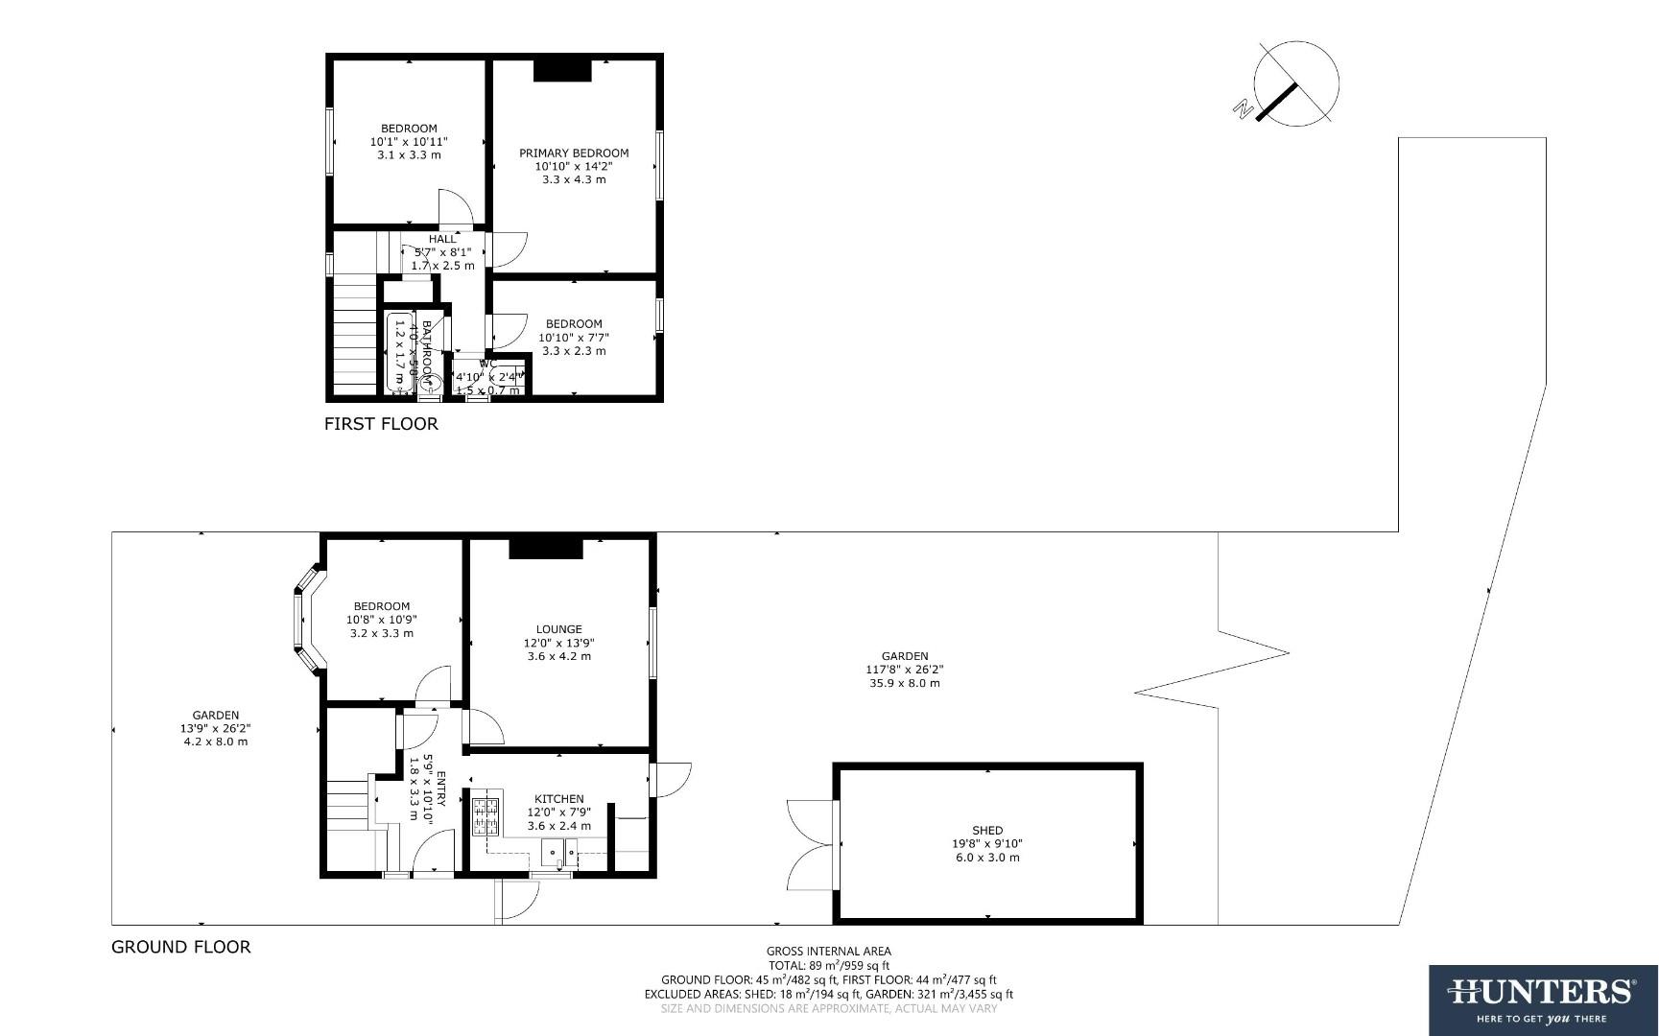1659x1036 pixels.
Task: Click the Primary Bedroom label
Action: [574, 153]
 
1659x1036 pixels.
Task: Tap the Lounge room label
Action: [558, 630]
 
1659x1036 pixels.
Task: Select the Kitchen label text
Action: [558, 799]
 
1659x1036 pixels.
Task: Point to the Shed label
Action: [987, 831]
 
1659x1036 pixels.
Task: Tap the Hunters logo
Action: [1543, 999]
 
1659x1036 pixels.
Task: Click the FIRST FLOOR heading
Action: [381, 424]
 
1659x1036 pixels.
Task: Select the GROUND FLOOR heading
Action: [181, 947]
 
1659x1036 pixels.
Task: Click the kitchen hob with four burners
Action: [486, 815]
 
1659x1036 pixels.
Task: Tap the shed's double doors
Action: [809, 844]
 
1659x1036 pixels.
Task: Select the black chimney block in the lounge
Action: [546, 548]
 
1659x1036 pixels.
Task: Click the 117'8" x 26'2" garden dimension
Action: [905, 670]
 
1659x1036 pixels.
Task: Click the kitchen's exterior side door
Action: [671, 778]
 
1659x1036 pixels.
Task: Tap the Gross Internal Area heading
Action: [828, 952]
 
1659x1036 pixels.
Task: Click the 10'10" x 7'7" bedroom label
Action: [574, 337]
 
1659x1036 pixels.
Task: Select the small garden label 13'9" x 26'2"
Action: [216, 728]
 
